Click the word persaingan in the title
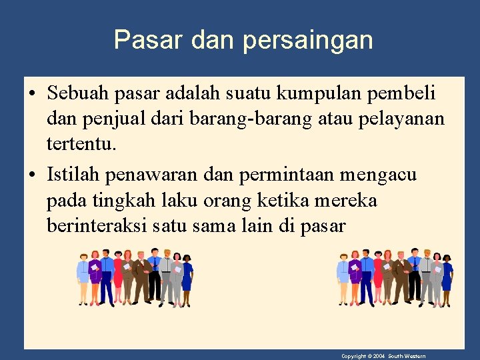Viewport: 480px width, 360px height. (307, 41)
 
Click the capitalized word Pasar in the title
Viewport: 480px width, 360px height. (149, 40)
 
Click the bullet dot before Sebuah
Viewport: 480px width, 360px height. (33, 91)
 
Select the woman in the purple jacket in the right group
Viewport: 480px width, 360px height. (353, 277)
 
